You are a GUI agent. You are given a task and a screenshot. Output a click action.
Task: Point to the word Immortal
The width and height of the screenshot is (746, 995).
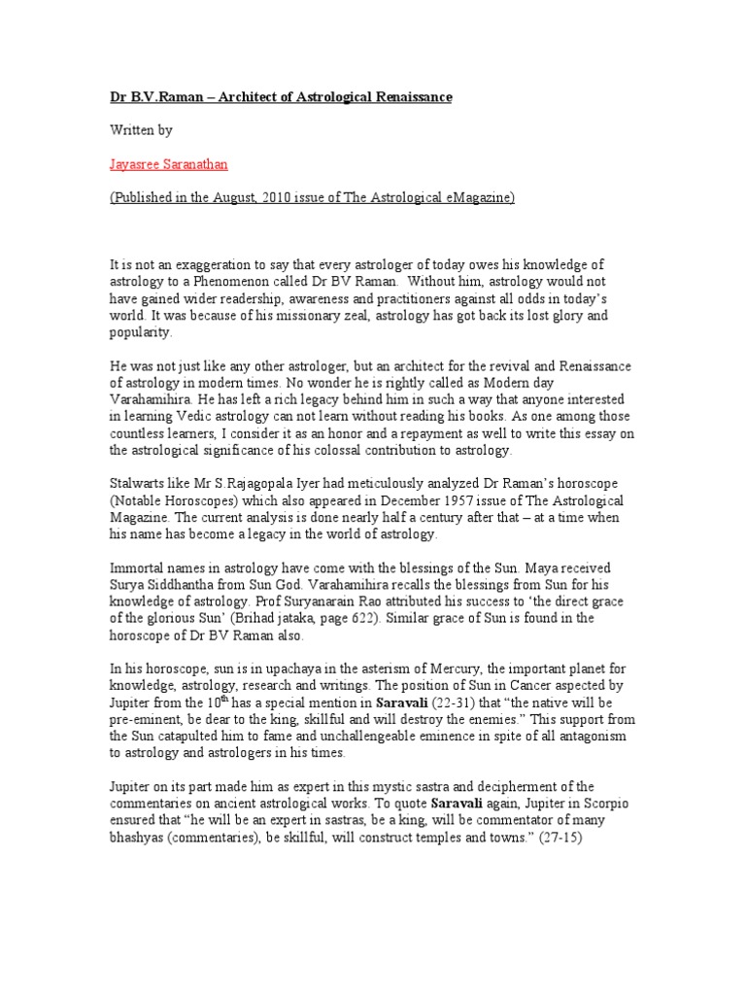[x=136, y=566]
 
